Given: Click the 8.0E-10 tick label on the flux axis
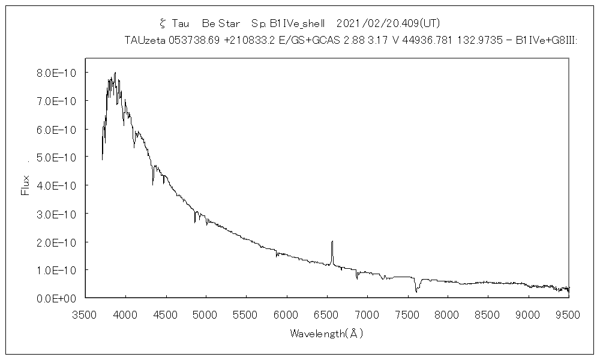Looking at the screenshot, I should point(53,73).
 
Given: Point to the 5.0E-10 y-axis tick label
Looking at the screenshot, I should point(53,157).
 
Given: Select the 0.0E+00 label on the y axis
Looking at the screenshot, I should point(53,298).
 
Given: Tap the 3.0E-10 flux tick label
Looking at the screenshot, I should point(53,214).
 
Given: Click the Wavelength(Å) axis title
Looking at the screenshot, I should point(326,333).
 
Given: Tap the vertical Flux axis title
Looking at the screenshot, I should point(25,185).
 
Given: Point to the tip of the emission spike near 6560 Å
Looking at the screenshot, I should point(332,241).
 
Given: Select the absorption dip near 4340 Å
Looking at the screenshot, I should point(153,184).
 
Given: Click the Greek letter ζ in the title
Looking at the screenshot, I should point(162,23).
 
